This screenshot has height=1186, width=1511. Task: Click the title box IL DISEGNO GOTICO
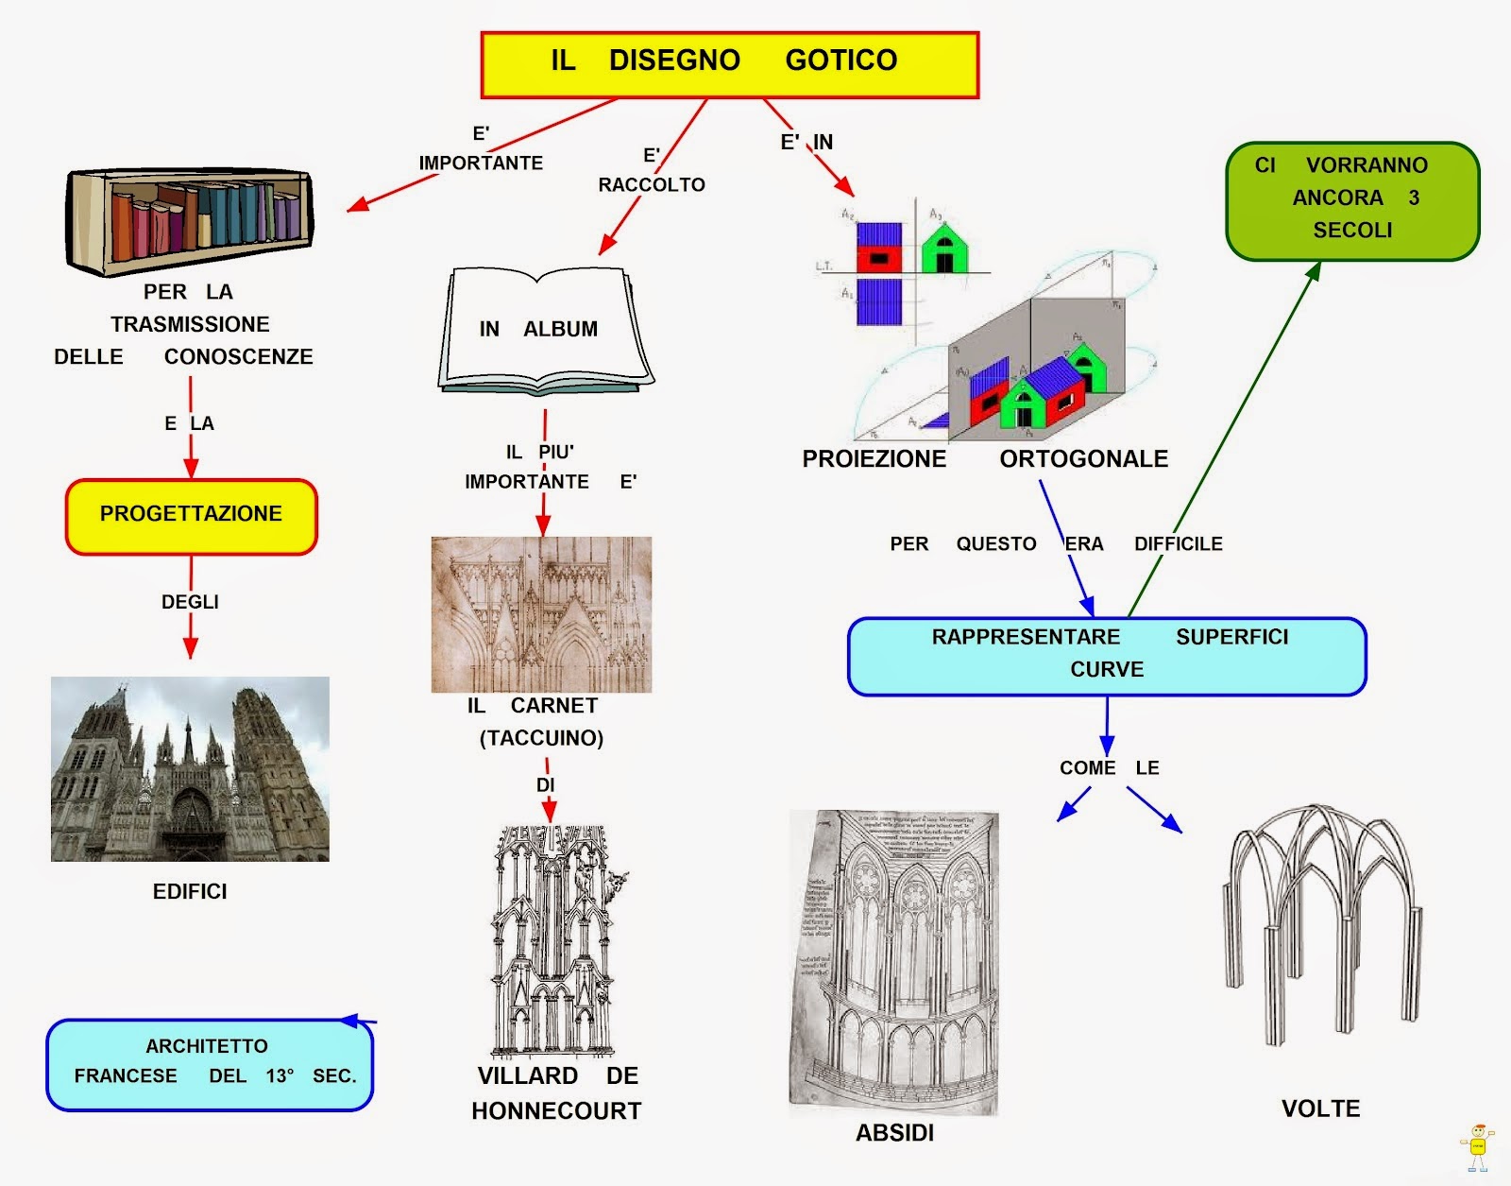point(729,64)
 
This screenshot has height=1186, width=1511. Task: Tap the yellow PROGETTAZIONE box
point(191,516)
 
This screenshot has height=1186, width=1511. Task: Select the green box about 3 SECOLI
point(1352,200)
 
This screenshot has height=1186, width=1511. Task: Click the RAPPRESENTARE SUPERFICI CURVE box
point(1107,656)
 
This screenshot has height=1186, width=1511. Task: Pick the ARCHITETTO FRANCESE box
point(210,1064)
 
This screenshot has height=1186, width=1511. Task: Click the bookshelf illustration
point(189,221)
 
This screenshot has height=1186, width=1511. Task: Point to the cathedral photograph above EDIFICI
point(190,768)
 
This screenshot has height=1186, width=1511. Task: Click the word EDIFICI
point(190,891)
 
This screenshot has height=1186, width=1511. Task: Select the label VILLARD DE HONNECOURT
point(556,1093)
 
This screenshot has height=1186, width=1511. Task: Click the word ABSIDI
point(894,1133)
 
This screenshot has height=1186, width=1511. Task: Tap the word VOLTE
point(1320,1109)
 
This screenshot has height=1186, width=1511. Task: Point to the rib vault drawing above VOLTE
point(1322,921)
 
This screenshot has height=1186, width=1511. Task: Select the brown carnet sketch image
point(541,614)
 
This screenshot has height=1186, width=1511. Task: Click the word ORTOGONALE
point(1083,459)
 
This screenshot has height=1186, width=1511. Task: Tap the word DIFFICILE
point(1178,544)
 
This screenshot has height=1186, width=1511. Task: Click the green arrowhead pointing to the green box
point(1313,270)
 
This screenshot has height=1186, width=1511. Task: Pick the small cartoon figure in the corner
point(1477,1146)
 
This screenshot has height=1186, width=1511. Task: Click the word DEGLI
point(190,602)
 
